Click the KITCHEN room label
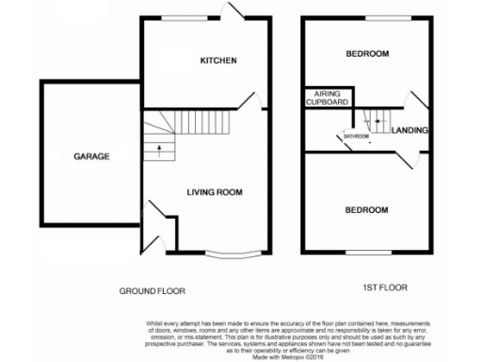coord(217,61)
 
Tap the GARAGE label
coord(92,156)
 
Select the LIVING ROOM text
coord(214,192)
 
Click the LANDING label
coord(410,130)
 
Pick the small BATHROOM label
coord(356,137)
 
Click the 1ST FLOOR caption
coord(386,287)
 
